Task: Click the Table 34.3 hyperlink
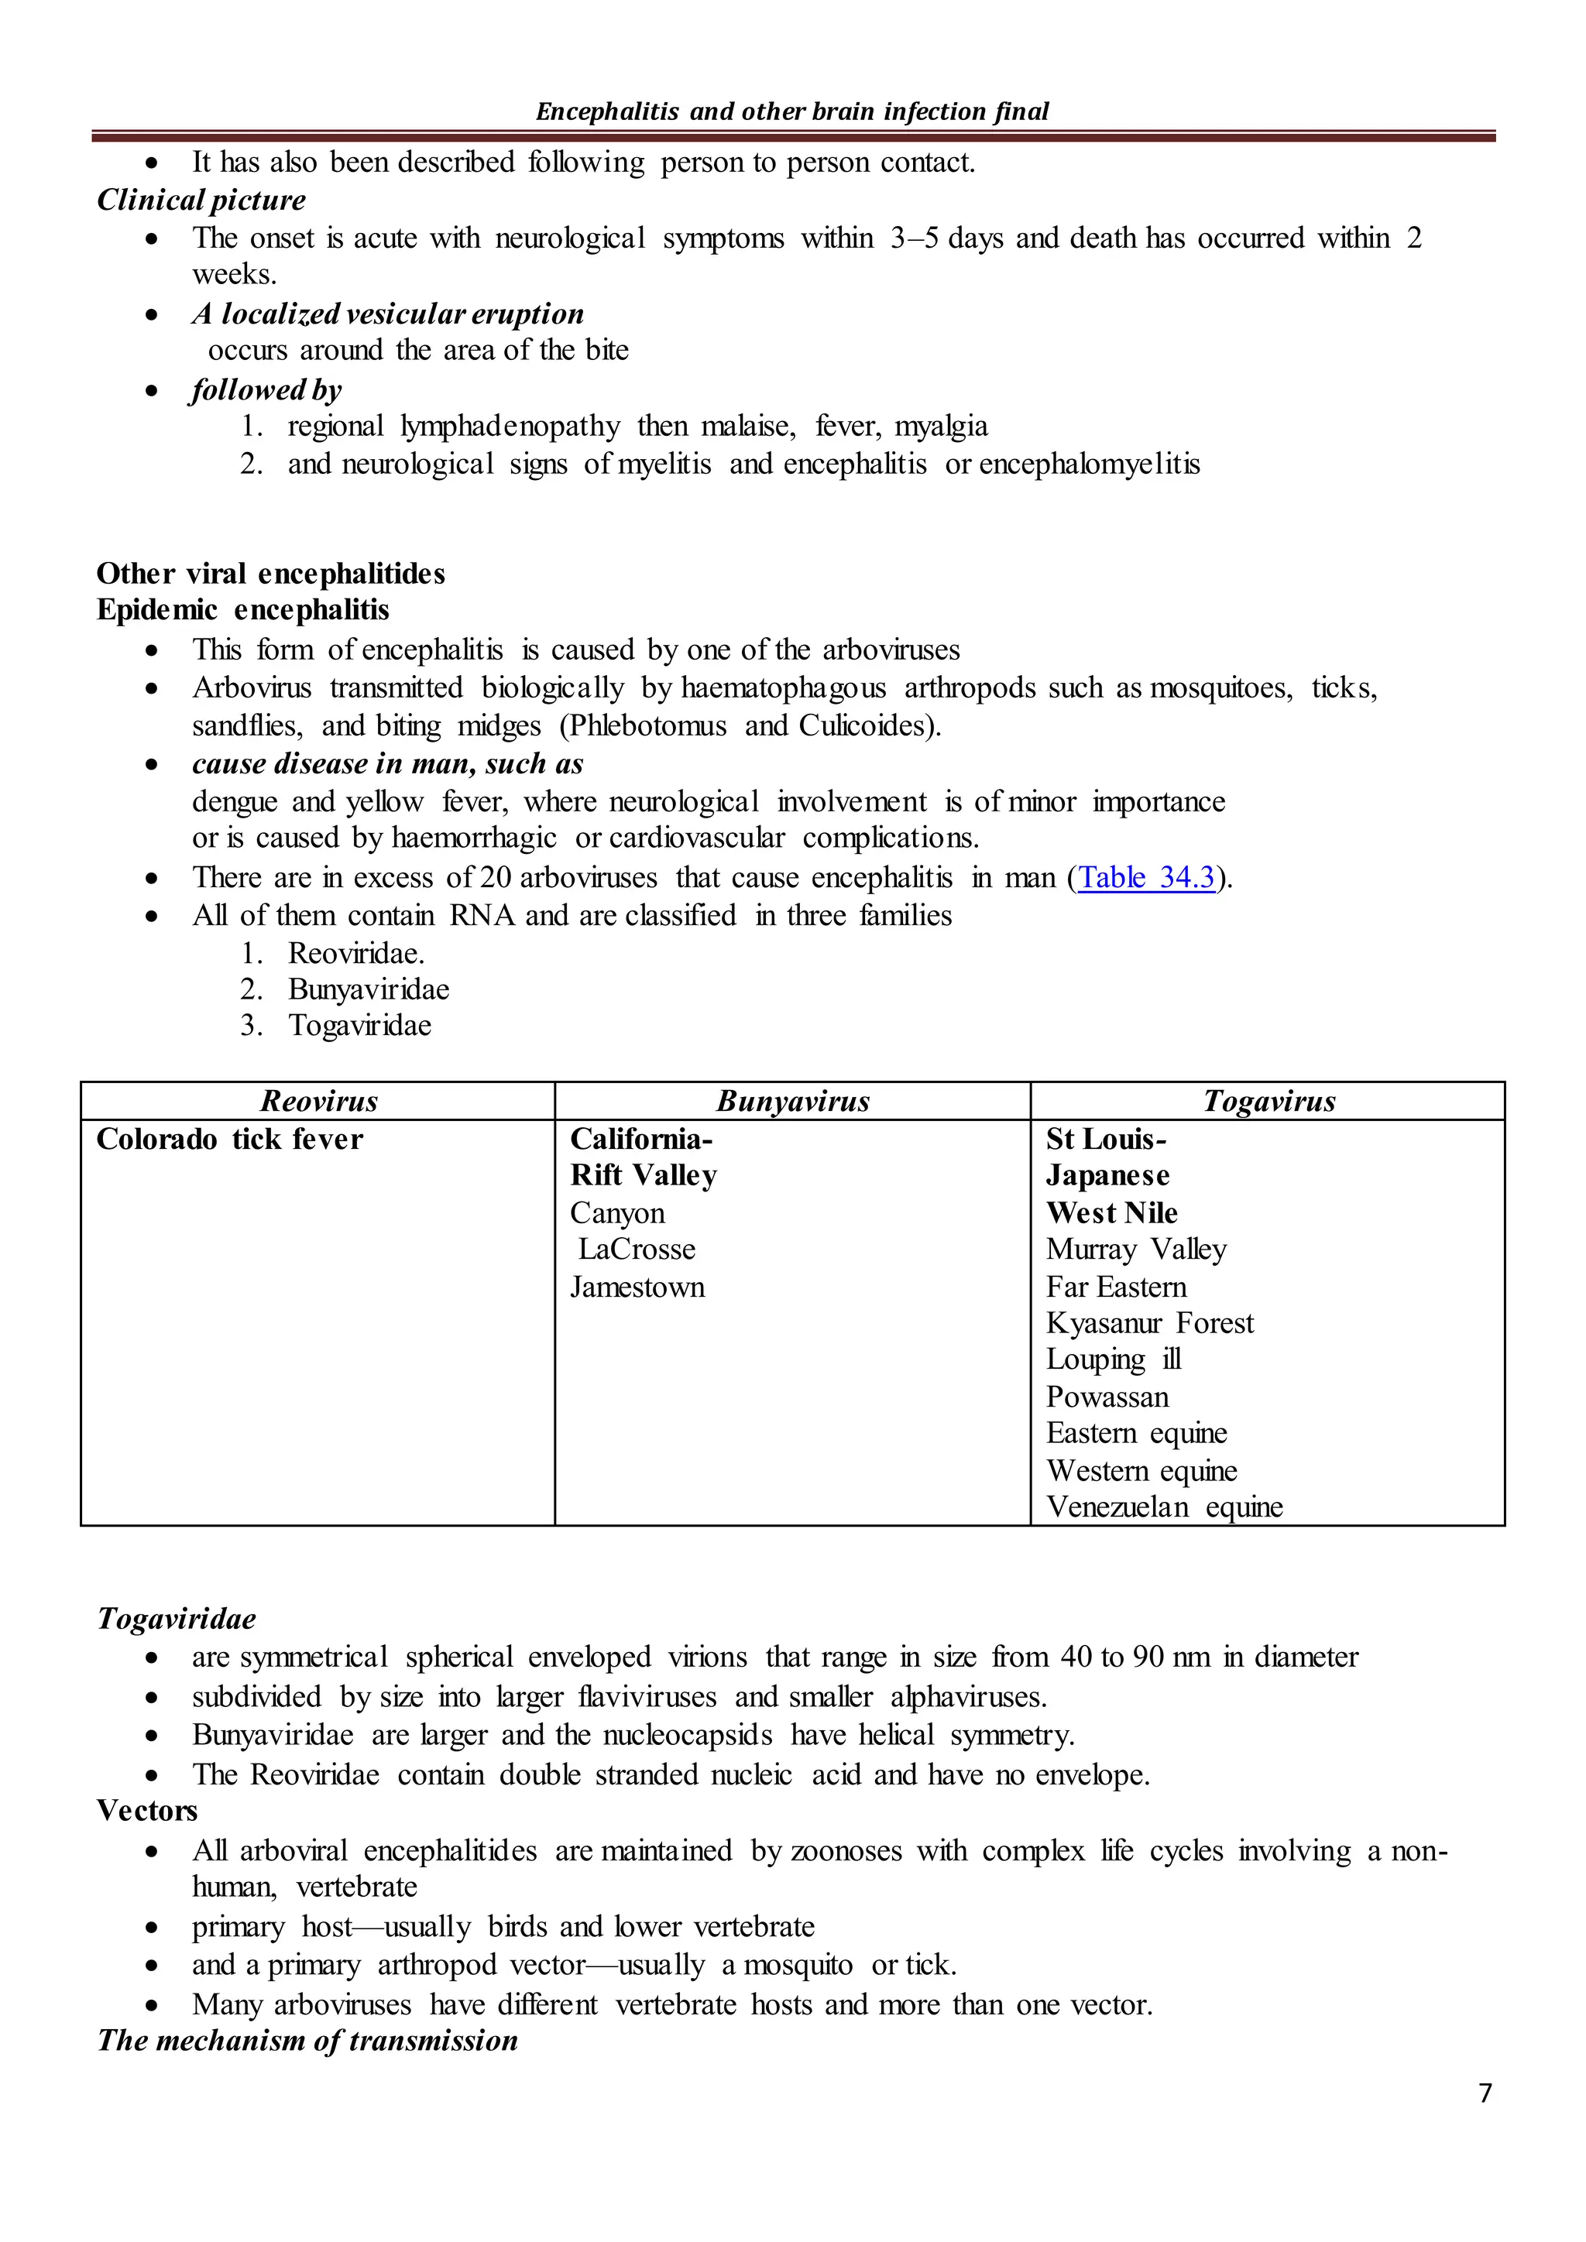1147,877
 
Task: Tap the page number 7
1485,2093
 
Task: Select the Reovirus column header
318,1102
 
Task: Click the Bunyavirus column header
792,1102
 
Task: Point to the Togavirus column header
1268,1102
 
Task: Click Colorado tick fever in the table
229,1139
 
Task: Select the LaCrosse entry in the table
636,1249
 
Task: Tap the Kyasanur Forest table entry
1148,1323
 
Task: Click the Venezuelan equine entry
1163,1507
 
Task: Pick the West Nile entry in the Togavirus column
1111,1213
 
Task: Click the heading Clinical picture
201,201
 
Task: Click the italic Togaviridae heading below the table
177,1619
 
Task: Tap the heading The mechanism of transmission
307,2041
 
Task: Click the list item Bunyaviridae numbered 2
368,989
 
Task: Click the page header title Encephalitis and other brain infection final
792,111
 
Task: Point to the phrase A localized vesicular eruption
388,314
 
